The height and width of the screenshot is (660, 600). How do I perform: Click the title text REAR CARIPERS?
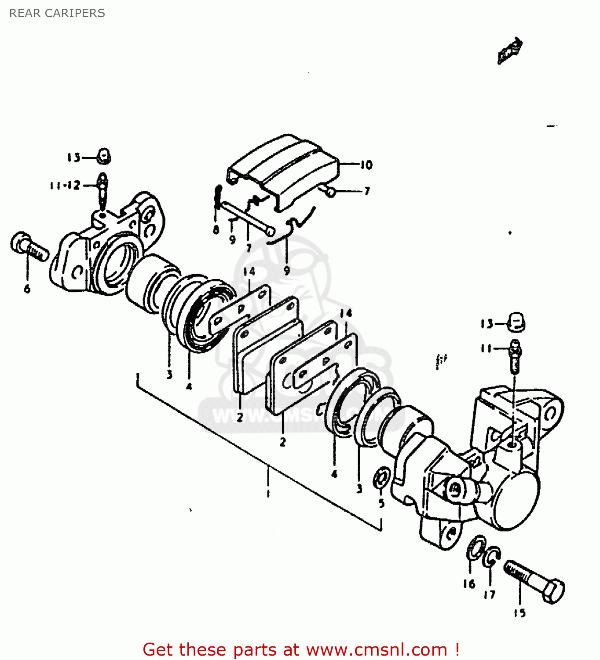(x=57, y=13)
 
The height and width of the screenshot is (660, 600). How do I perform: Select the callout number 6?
(x=27, y=289)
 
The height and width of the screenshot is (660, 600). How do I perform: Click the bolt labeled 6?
(x=29, y=247)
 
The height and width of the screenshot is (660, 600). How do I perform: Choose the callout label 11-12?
(x=65, y=185)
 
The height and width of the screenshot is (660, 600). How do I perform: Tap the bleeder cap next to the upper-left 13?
(x=103, y=156)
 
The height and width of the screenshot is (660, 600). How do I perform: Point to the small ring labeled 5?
(x=381, y=479)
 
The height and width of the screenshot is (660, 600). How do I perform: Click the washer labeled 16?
(x=476, y=548)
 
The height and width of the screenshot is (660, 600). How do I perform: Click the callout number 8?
(x=216, y=230)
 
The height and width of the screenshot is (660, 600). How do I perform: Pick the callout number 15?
(x=520, y=613)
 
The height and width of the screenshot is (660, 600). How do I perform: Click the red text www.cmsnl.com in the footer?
(x=376, y=649)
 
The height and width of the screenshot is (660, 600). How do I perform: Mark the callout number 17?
(x=489, y=594)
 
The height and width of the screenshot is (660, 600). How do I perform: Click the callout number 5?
(x=381, y=503)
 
